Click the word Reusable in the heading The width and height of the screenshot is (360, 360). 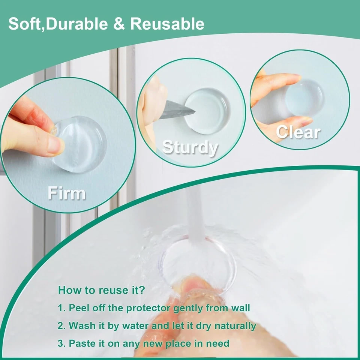pos(167,24)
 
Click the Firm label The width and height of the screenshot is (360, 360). pos(66,193)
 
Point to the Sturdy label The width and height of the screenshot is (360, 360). pos(190,148)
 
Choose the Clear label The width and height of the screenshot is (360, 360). pos(298,132)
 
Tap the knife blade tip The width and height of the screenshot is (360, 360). pos(193,111)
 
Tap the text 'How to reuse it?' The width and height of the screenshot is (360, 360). pos(102,290)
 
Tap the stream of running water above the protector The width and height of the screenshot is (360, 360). pos(195,214)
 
